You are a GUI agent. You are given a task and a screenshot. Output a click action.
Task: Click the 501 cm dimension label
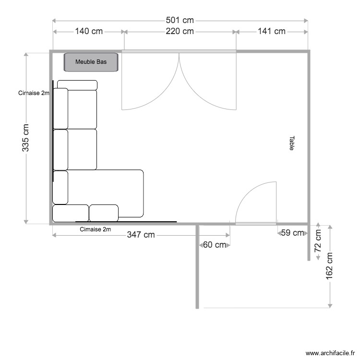(x=180, y=20)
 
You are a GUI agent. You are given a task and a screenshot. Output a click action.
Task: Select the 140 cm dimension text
(x=89, y=31)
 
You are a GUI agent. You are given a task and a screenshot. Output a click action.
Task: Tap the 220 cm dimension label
(x=180, y=31)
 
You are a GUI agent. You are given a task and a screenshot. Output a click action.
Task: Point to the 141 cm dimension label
(x=272, y=31)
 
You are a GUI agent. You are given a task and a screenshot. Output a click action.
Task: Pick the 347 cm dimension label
(x=141, y=235)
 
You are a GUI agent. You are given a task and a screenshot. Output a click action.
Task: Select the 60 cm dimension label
(x=214, y=245)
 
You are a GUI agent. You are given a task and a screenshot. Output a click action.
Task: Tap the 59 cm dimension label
(x=292, y=233)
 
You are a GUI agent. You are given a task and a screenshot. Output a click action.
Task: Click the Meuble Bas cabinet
(x=91, y=62)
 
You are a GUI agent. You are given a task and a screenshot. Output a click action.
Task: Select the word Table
(x=291, y=143)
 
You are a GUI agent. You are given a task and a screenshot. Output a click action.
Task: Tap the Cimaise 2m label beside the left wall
(x=34, y=93)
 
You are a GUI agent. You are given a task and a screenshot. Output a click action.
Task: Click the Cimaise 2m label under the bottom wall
(x=96, y=229)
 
